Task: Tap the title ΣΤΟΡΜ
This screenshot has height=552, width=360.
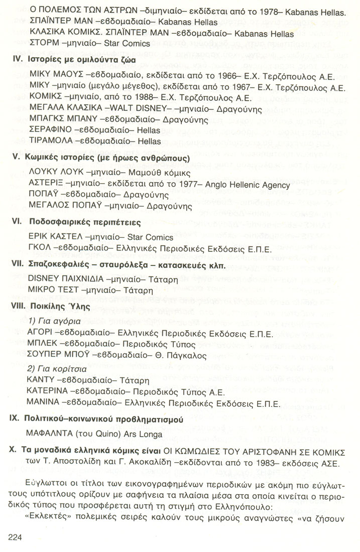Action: pos(46,49)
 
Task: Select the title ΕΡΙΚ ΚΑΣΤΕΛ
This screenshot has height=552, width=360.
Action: pos(56,237)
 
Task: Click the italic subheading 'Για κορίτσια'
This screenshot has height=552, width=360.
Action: pos(57,369)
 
